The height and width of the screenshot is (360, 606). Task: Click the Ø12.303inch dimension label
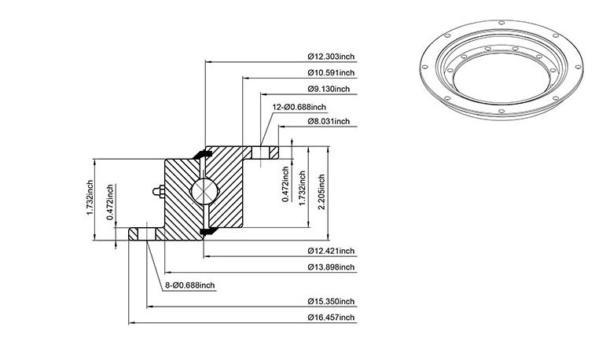coord(331,57)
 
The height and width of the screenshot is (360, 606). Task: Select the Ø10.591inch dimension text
coord(331,72)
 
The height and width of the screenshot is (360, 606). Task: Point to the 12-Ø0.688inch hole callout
coord(299,107)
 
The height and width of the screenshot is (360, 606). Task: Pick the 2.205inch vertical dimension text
coord(321,192)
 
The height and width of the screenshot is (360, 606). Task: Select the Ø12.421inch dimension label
coord(331,251)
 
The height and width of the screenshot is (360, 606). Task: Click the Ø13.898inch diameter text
coord(331,267)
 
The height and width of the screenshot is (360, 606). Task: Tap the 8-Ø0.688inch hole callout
coord(190,285)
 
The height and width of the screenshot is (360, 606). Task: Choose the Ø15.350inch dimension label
coord(331,301)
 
